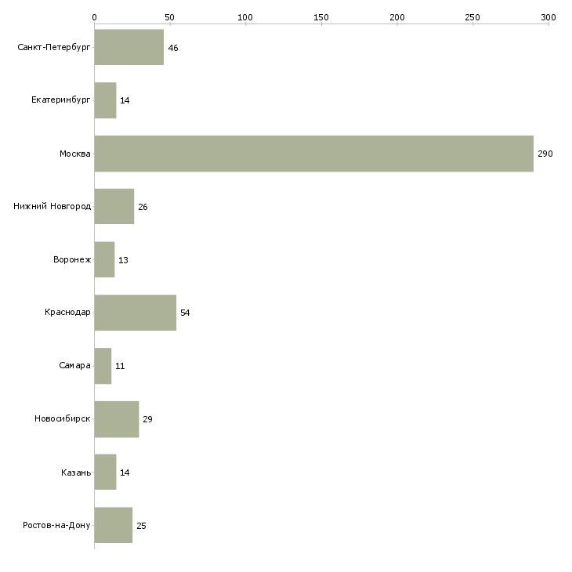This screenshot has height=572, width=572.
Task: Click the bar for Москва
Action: click(313, 154)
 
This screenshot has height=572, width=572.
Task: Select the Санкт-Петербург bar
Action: click(129, 48)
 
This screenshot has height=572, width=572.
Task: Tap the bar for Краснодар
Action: click(135, 313)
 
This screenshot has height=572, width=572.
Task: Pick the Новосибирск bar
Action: click(116, 418)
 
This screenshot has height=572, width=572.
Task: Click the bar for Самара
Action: click(103, 366)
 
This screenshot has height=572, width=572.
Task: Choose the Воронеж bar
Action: click(104, 259)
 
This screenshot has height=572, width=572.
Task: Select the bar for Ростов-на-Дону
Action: click(113, 525)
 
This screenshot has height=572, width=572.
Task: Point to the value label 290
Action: click(545, 154)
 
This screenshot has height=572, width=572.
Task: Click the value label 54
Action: click(185, 313)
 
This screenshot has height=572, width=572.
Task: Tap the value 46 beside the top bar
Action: click(173, 48)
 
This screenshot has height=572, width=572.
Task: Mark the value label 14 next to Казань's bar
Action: click(125, 472)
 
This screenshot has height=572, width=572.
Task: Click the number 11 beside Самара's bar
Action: click(120, 366)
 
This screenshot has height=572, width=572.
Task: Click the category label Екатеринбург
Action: click(61, 101)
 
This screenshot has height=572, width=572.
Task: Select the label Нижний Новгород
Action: click(52, 207)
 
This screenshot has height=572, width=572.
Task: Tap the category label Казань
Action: click(76, 472)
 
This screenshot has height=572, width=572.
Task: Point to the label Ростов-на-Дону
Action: click(57, 525)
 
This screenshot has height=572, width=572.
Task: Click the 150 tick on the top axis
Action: click(321, 16)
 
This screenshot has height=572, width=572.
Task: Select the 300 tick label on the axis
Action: click(548, 16)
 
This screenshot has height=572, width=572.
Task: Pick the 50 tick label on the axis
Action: click(169, 16)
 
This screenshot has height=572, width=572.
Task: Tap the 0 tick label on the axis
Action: click(94, 16)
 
